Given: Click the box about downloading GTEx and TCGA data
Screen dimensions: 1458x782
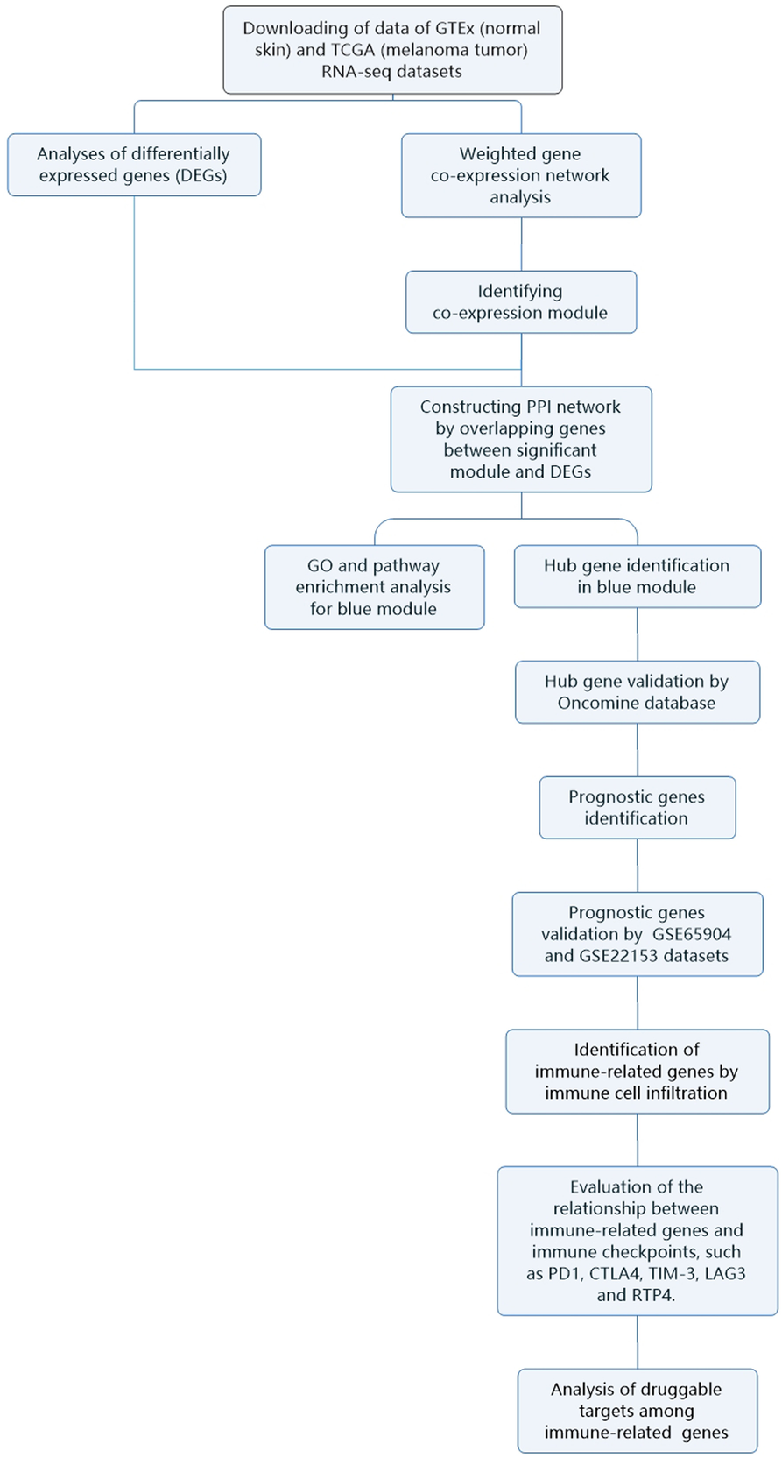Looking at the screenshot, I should click(x=391, y=50).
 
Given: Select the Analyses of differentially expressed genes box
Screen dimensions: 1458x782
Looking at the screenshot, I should click(x=134, y=165).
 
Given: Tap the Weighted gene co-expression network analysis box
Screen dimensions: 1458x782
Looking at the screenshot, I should click(x=520, y=175).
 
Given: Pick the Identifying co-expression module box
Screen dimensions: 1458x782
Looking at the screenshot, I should click(x=520, y=302).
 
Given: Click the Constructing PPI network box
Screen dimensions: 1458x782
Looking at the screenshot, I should click(x=520, y=439).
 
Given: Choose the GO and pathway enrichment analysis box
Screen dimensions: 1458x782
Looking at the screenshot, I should click(x=374, y=587).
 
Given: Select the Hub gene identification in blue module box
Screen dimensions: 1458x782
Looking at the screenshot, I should click(x=637, y=577).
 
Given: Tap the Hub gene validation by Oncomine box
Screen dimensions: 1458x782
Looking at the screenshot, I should click(x=637, y=692).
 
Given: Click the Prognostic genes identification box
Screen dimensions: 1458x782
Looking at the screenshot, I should click(x=637, y=807).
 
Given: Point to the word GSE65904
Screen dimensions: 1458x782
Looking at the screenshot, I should click(x=691, y=934).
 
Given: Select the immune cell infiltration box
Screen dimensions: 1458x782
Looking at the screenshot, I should click(x=637, y=1071).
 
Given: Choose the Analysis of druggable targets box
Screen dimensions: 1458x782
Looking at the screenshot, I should click(x=637, y=1411).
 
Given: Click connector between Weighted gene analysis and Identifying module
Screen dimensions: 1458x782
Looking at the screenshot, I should click(x=522, y=244).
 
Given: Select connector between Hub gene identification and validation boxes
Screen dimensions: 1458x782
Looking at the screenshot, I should click(x=638, y=634).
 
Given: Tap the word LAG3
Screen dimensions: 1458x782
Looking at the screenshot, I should click(x=723, y=1273).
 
